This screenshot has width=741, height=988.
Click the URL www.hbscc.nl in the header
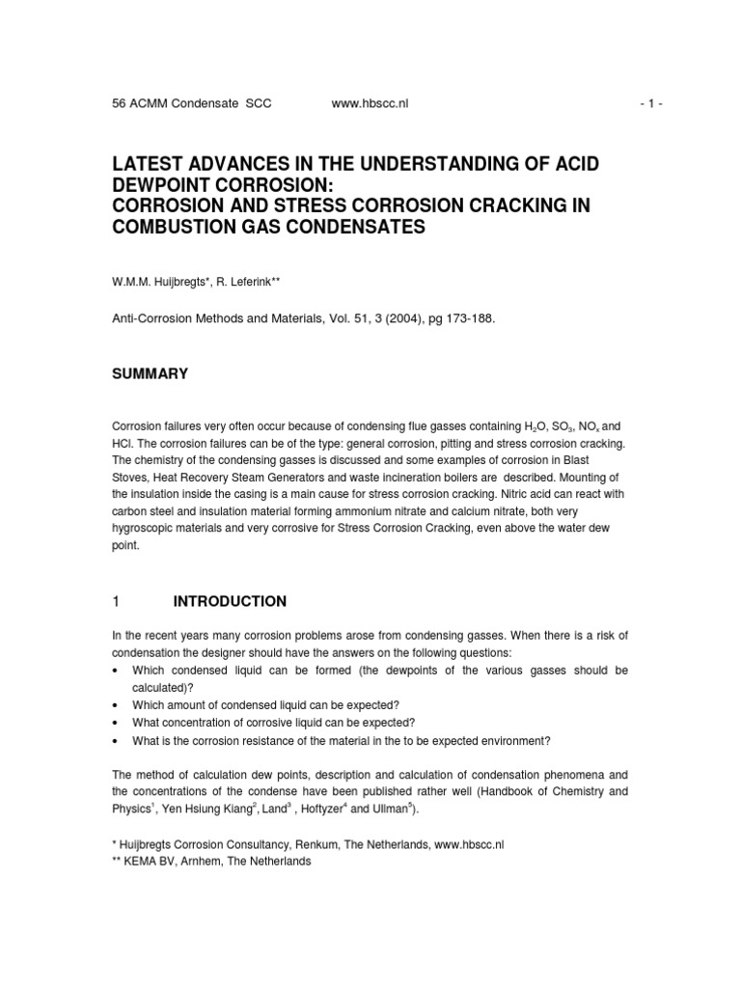pos(370,104)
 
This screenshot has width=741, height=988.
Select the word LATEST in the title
pos(151,164)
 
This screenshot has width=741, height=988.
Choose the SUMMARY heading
pos(151,373)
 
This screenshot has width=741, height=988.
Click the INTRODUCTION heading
pos(230,601)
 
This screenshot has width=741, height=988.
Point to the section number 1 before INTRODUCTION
pos(117,601)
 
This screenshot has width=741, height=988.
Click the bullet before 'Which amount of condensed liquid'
pos(116,704)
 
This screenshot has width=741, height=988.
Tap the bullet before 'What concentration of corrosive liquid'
pos(116,722)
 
